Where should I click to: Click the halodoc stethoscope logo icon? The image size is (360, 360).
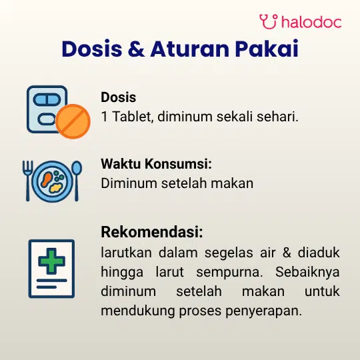coord(269,21)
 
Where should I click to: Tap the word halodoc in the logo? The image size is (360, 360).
coord(311,22)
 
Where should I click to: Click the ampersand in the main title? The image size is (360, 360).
coord(137,49)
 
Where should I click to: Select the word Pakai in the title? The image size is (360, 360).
coord(267,49)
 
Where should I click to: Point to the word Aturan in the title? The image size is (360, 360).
coord(189,49)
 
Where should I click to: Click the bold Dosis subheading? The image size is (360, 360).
coord(119,97)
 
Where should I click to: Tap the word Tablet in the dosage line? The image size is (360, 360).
coord(133,117)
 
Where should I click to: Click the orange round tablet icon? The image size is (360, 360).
coord(73,121)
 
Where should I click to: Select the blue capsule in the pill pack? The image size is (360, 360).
coord(47,100)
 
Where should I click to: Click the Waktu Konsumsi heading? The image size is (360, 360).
coord(157,164)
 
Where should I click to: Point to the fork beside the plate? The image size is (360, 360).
coord(27,181)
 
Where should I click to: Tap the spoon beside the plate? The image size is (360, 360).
coord(77,181)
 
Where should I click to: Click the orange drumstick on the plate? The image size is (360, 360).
coord(47,179)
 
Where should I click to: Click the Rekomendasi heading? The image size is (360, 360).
coord(152,231)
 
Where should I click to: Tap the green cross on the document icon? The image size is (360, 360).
coord(51,261)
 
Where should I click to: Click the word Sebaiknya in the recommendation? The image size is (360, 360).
coord(307,272)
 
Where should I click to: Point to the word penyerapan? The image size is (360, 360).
coord(263,311)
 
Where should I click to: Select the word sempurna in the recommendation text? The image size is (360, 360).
coord(229,273)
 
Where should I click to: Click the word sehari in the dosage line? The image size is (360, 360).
coord(277,117)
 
